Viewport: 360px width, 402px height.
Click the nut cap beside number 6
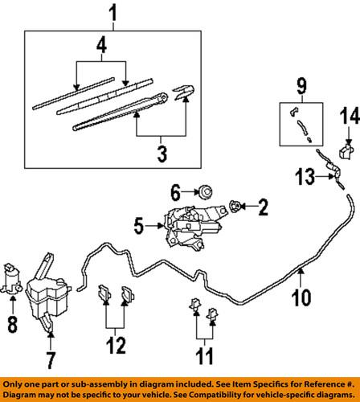(205, 191)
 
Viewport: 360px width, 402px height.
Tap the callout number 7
(50, 353)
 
